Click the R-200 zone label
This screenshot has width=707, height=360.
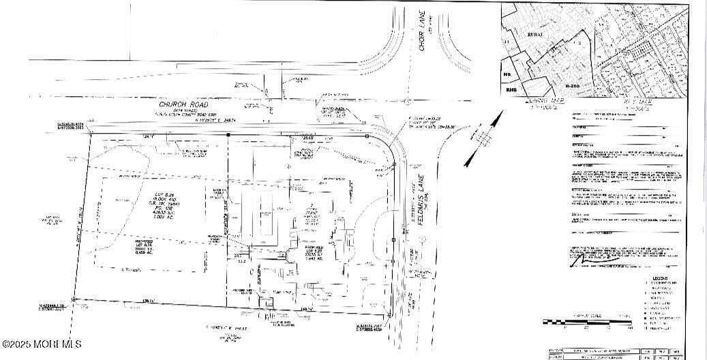click(575, 87)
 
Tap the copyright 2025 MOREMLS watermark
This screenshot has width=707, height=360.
click(42, 344)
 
